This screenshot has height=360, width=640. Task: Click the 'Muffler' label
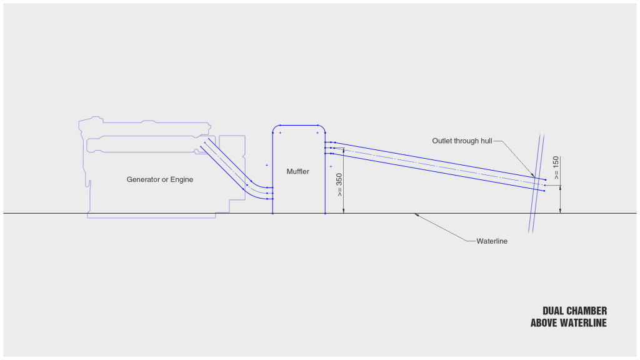click(298, 171)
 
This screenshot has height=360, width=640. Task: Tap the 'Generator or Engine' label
click(160, 179)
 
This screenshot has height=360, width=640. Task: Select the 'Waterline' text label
click(492, 241)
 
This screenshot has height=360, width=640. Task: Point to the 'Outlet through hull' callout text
click(462, 141)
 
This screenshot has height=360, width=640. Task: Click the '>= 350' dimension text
click(339, 184)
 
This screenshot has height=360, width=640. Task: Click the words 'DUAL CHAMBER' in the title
click(574, 311)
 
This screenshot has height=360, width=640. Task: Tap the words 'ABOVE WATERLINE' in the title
click(568, 323)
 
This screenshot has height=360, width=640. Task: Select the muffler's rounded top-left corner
click(276, 129)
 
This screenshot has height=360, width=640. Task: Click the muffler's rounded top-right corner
click(322, 129)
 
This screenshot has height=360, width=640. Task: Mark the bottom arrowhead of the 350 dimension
click(344, 211)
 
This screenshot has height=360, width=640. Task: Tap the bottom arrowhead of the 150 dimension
click(561, 211)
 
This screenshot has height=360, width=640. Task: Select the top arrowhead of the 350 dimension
click(344, 151)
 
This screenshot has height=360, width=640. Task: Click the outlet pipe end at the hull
click(544, 185)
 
